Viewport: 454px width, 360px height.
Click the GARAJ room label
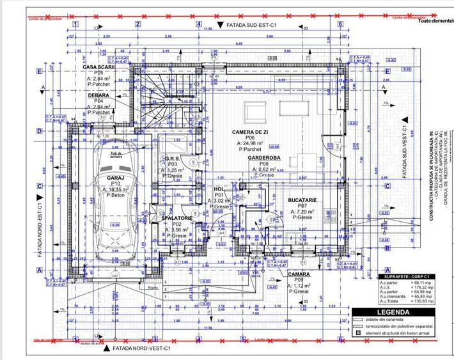116,179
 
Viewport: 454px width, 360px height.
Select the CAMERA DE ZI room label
244,131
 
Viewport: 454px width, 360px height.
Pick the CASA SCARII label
98,67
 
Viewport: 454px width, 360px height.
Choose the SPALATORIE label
177,218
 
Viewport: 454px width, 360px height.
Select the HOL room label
219,189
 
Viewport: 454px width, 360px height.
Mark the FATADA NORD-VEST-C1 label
140,349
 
